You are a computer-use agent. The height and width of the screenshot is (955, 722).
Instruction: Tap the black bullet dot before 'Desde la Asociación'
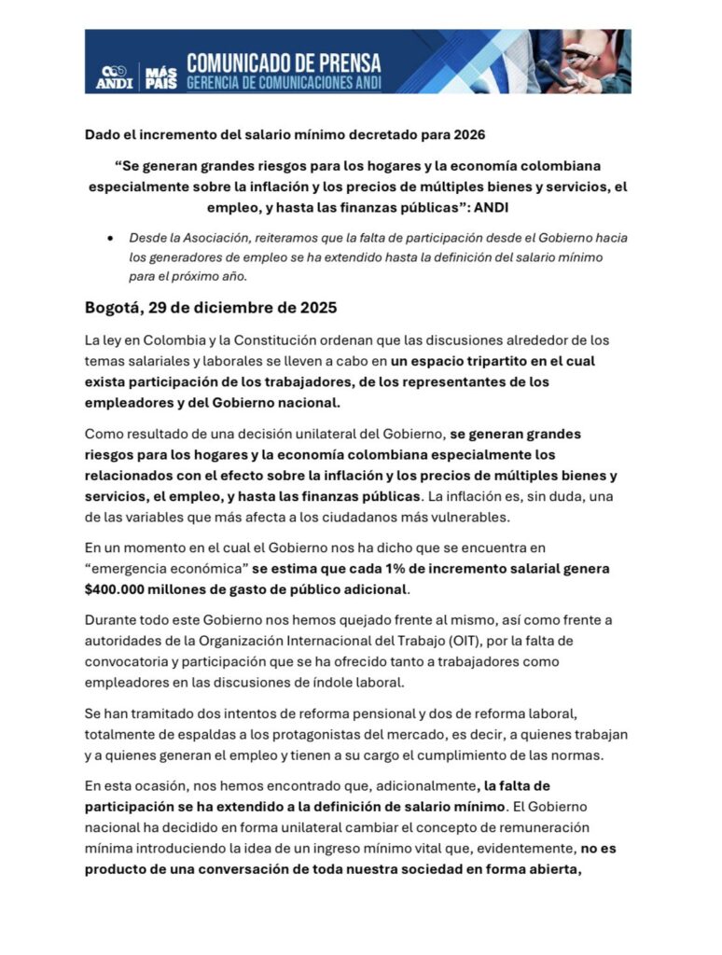pyautogui.click(x=111, y=238)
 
